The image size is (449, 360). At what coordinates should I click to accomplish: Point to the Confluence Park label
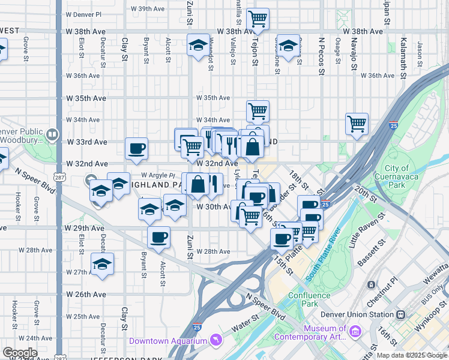coord(310,299)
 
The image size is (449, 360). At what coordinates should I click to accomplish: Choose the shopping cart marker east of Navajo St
coord(357,124)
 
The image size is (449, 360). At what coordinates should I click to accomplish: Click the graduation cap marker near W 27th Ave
coord(103,263)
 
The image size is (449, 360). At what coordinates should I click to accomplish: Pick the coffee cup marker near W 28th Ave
coord(158,237)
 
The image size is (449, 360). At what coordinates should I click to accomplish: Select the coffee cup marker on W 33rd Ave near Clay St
coord(136,148)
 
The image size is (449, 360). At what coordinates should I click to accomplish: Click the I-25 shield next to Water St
coord(197,328)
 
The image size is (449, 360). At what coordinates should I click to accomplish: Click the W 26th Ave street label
coord(83,295)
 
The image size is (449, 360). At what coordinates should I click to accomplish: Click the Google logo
coord(20,353)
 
